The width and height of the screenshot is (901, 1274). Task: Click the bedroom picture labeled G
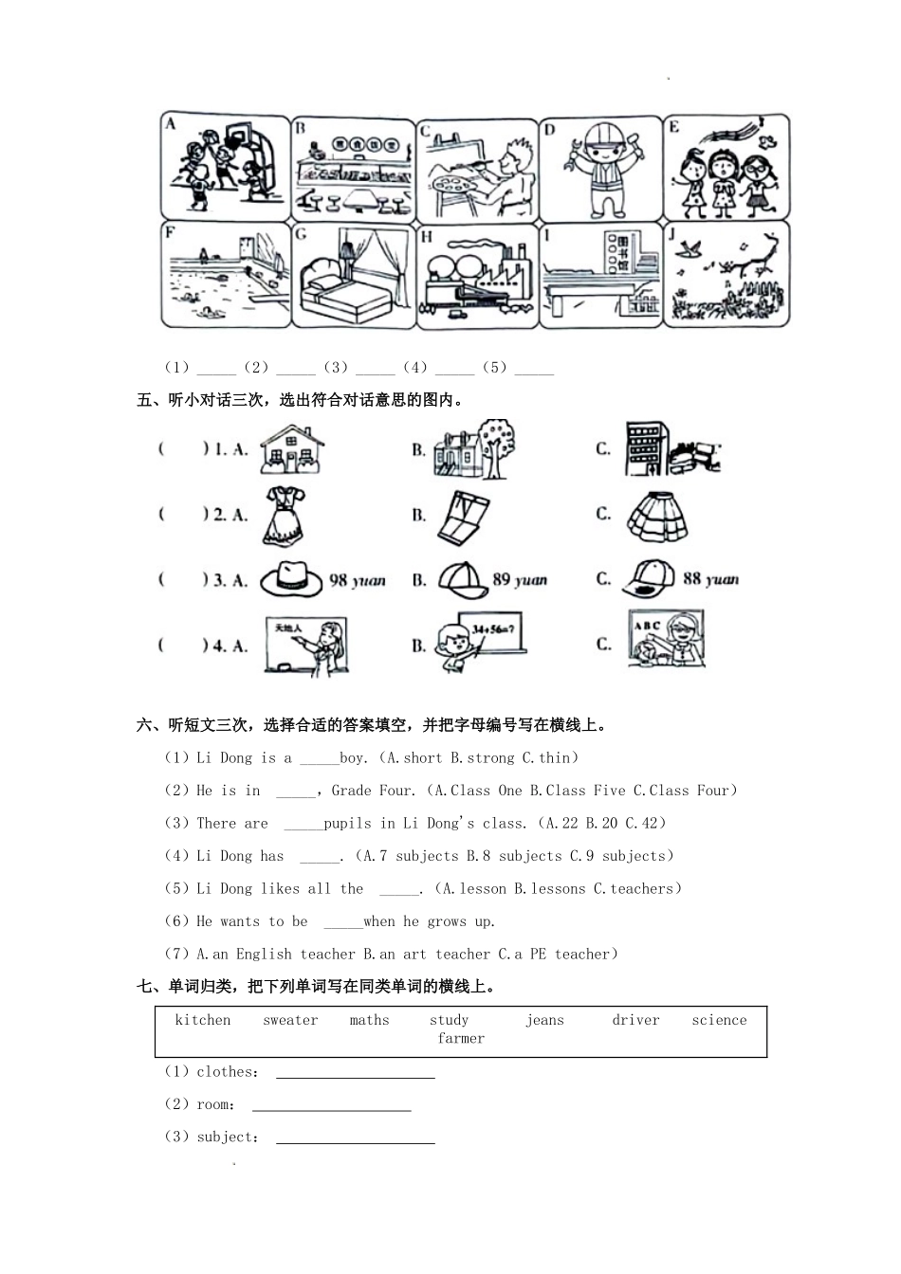tap(353, 276)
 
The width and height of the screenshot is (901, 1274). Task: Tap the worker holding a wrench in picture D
tap(600, 168)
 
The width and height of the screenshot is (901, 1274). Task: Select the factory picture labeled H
tap(477, 276)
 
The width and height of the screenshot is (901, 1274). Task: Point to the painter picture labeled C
tap(477, 168)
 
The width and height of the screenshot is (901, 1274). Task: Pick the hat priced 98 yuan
tap(291, 578)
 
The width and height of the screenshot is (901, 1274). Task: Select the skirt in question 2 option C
tap(656, 516)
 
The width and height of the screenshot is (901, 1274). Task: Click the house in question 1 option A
tap(293, 448)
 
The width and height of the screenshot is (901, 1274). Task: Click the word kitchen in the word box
tap(203, 1020)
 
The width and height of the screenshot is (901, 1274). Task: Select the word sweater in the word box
tap(290, 1020)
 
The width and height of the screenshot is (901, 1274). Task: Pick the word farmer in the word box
tap(461, 1038)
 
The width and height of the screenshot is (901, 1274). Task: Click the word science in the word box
tap(719, 1020)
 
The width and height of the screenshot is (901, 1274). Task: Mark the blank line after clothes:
tap(355, 1074)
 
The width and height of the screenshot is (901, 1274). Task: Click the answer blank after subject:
tap(355, 1139)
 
